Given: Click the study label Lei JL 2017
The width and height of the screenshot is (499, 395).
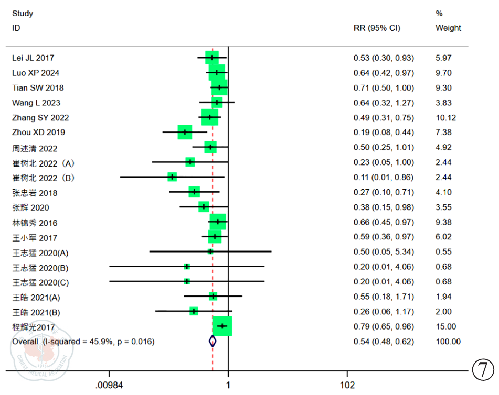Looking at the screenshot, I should tap(33, 58).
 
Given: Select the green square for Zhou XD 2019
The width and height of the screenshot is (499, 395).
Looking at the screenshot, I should tap(185, 132).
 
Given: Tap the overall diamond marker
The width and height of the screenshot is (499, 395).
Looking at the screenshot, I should tap(213, 341).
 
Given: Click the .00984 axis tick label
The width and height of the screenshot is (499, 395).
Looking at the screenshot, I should tap(109, 386).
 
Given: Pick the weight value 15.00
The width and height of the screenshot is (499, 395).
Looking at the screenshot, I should tap(445, 326).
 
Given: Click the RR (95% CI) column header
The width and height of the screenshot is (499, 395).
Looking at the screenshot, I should tap(377, 28).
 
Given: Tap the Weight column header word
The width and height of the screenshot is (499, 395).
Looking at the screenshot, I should tap(448, 28).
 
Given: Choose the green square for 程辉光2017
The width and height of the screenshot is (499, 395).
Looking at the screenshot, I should tap(222, 326).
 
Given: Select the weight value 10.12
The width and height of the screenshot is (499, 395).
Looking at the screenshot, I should tap(446, 117).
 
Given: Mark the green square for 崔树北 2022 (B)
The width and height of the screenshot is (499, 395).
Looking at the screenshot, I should tap(172, 177).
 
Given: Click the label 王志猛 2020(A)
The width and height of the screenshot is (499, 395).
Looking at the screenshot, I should tap(40, 254).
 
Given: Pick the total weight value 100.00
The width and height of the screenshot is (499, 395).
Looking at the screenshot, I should tap(448, 342).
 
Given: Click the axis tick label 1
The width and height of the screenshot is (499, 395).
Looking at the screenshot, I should tap(228, 386).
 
